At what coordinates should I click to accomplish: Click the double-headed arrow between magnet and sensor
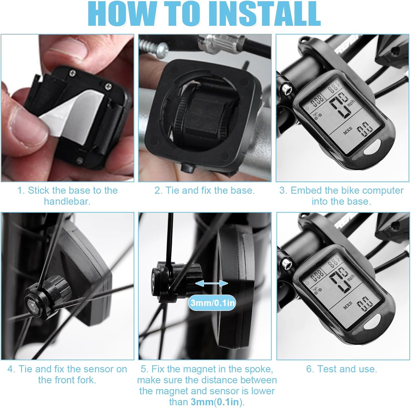click(212, 283)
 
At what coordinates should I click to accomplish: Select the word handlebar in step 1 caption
click(67, 201)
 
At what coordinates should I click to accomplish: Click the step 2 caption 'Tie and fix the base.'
click(204, 190)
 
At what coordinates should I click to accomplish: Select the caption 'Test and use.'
click(342, 369)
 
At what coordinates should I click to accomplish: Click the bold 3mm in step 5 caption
click(202, 402)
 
